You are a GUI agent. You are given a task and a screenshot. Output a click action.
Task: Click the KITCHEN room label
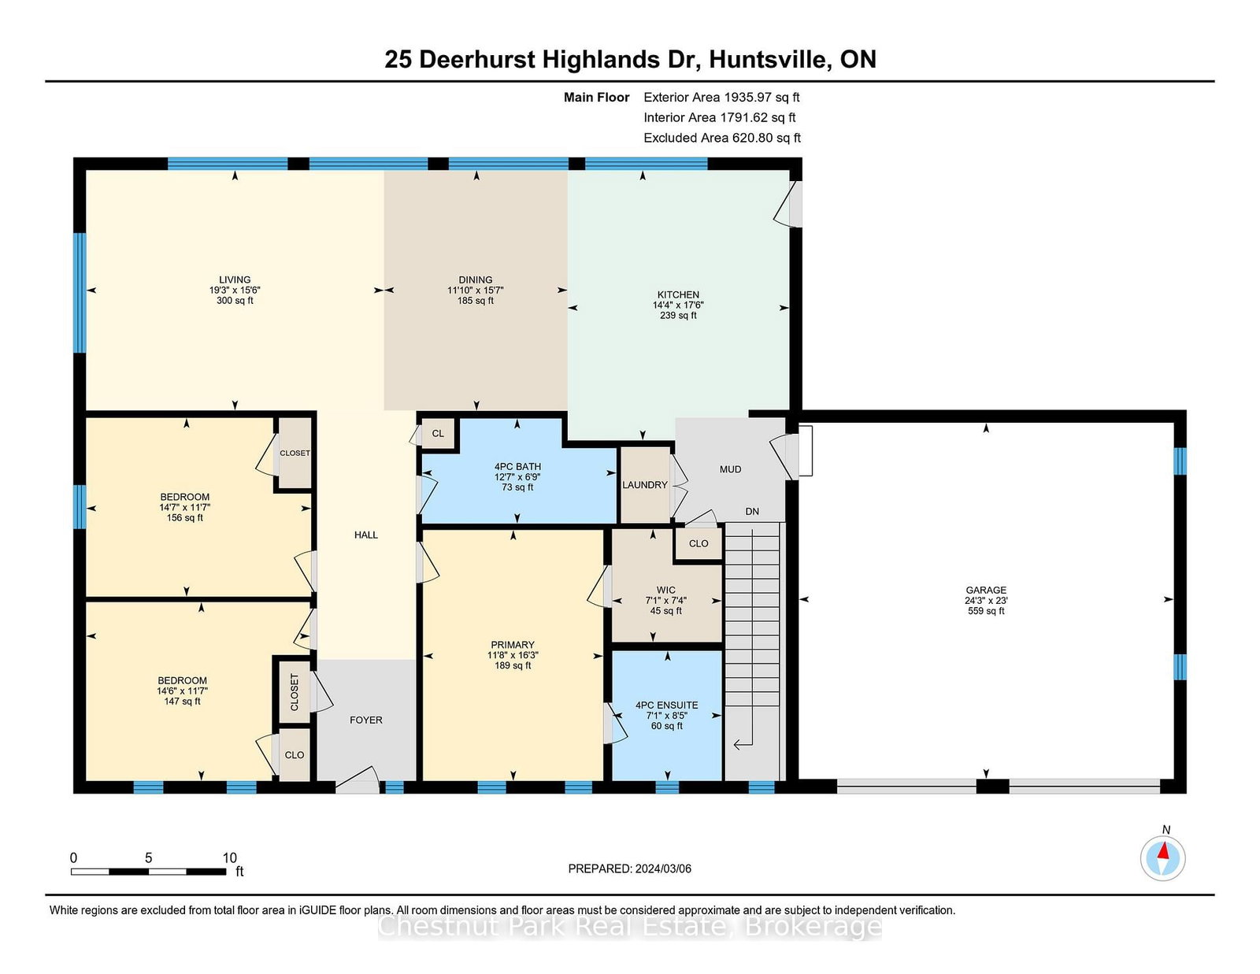(x=678, y=294)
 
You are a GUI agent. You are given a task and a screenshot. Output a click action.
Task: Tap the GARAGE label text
(x=986, y=591)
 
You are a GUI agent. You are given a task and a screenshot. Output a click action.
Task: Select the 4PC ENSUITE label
(x=666, y=705)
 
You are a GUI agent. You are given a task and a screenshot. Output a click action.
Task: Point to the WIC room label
(x=665, y=591)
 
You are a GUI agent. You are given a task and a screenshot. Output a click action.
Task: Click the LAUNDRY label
(x=645, y=485)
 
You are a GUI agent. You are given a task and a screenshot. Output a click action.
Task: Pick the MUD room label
(x=730, y=469)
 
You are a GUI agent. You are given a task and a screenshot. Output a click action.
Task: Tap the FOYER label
(x=366, y=720)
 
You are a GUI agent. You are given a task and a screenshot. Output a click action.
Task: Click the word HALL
(x=366, y=535)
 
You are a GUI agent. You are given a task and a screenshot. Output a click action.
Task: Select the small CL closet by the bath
(x=438, y=434)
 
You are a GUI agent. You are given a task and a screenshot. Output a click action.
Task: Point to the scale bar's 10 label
(x=230, y=857)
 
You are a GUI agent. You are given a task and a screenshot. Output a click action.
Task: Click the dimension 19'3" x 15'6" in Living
(x=235, y=290)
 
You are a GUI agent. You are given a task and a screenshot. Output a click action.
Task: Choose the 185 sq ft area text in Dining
(x=476, y=300)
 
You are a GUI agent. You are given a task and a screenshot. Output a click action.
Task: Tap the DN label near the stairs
(x=752, y=511)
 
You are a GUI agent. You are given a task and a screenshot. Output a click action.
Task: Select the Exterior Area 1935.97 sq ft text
(x=721, y=98)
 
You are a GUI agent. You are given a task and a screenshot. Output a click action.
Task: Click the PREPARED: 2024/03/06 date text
(x=630, y=868)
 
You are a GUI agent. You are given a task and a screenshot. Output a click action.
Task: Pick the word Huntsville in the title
(x=769, y=60)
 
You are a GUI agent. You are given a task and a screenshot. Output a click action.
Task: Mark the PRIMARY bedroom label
(x=513, y=645)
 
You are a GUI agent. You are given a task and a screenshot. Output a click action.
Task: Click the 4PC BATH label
(x=517, y=466)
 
